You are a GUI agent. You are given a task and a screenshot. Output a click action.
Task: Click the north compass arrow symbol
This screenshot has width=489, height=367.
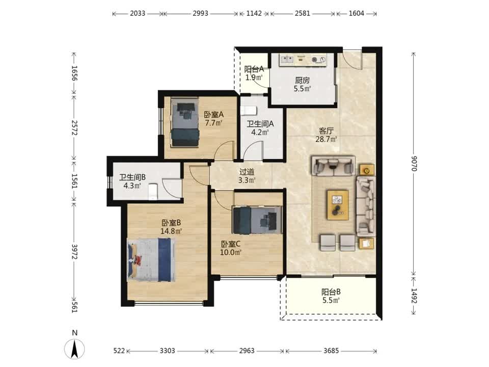click(x=74, y=348)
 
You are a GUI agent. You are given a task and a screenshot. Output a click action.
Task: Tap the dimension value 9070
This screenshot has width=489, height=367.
click(x=414, y=163)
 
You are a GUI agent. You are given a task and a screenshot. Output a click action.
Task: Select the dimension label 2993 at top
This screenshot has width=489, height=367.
click(x=200, y=13)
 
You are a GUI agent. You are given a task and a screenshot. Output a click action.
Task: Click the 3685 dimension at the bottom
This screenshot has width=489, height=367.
click(x=331, y=351)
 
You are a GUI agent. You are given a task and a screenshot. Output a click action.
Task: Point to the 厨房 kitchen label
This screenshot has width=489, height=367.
click(x=302, y=80)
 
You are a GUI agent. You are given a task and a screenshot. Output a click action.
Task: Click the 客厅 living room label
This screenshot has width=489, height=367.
click(x=326, y=131)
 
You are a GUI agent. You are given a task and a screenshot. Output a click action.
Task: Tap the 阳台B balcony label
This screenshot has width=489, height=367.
click(x=331, y=292)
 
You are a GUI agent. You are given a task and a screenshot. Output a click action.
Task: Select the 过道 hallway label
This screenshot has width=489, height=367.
click(x=247, y=172)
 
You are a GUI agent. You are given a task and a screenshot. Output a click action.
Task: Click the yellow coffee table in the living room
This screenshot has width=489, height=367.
click(x=338, y=205)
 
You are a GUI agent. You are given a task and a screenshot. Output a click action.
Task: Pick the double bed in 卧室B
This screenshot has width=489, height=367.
click(x=151, y=260)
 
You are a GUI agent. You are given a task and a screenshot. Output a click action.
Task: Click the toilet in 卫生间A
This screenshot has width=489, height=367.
click(x=250, y=111)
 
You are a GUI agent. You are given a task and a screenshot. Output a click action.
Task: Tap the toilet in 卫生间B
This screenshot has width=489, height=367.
click(x=153, y=192)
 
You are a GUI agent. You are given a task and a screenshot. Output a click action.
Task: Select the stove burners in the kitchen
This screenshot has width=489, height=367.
click(x=318, y=60)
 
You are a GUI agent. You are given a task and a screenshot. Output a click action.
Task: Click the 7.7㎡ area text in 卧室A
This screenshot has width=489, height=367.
click(x=213, y=123)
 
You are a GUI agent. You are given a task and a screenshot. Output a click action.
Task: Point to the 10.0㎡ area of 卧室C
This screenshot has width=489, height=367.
click(x=230, y=252)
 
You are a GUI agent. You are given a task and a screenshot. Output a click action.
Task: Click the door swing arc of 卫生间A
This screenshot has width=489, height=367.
click(x=253, y=149)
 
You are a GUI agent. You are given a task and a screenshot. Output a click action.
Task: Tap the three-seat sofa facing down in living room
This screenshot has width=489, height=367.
click(x=334, y=166)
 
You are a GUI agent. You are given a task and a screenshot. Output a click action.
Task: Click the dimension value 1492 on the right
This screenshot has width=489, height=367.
click(x=414, y=296)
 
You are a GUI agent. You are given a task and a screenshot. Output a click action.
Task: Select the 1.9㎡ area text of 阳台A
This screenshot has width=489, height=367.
click(x=254, y=77)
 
